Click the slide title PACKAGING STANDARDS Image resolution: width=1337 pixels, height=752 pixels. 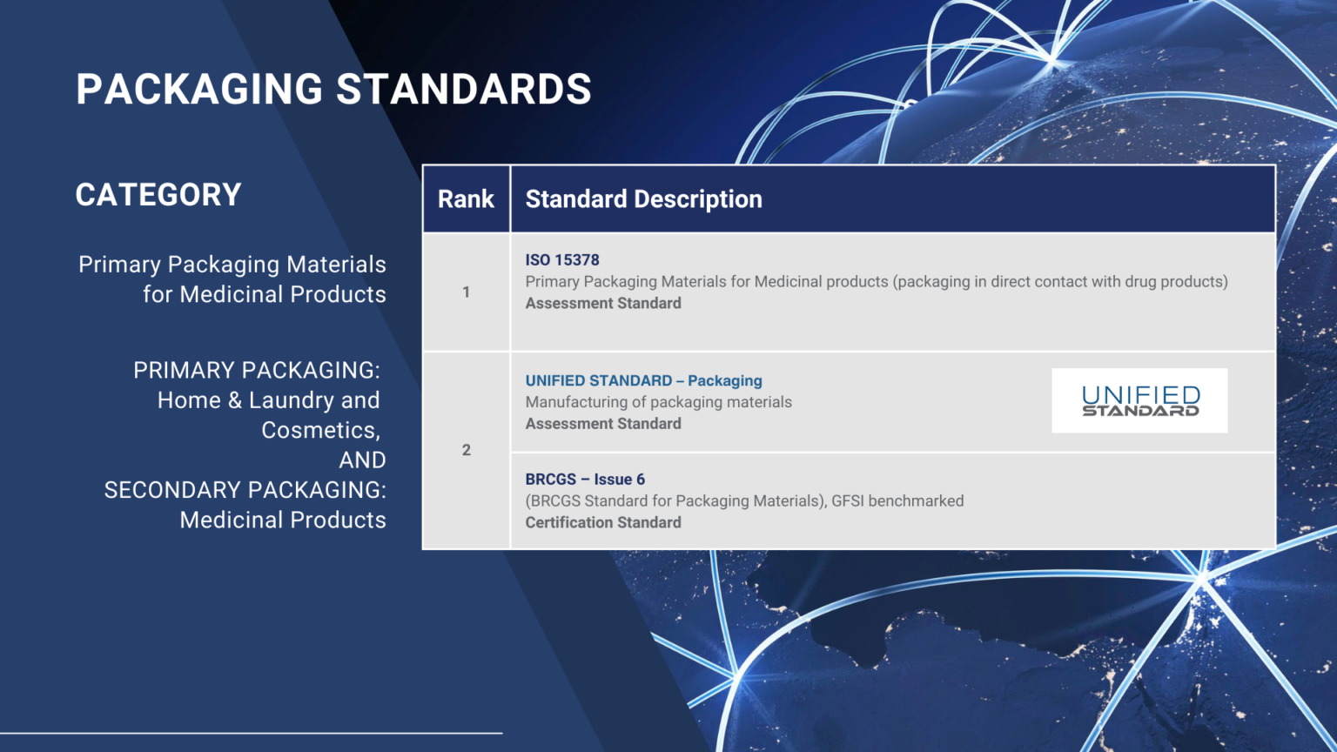coord(333,90)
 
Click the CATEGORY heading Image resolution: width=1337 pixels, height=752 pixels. coord(158,195)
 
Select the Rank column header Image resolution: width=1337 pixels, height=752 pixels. coord(466,199)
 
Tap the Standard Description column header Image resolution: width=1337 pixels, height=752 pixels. coord(643,199)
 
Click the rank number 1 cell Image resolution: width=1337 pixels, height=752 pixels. coord(466,292)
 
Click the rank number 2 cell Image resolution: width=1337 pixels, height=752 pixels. coord(466,450)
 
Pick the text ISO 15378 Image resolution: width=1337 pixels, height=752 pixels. coord(562,260)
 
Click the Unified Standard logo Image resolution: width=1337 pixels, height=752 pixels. coord(1139,400)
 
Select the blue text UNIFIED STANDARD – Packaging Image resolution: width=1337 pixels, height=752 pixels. coord(643,381)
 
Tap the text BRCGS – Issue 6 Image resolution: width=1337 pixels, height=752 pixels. coord(585,480)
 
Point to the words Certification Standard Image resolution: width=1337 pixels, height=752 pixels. coord(603,523)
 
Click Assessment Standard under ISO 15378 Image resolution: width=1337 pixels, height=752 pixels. coord(603,304)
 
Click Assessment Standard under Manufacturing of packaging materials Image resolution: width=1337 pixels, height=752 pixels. coord(603,424)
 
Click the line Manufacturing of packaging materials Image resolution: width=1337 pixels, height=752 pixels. coord(658,402)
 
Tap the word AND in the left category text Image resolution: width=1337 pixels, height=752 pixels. coord(362,460)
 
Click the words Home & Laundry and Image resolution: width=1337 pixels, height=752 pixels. coord(268,400)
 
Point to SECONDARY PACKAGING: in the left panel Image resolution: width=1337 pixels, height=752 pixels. coord(245,490)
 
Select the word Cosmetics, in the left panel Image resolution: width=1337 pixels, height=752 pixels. coord(320,431)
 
